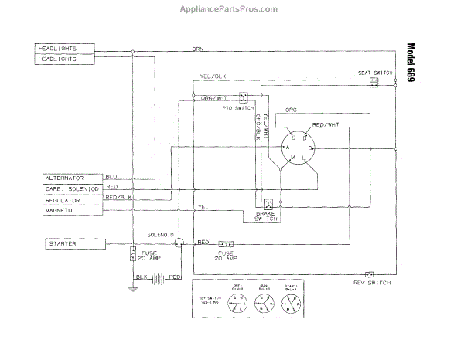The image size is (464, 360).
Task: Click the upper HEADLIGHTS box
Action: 66,49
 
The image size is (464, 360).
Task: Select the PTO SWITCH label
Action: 237,109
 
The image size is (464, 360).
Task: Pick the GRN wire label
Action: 198,49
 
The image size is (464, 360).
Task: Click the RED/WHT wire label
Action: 325,125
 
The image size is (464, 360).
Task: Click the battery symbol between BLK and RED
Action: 159,277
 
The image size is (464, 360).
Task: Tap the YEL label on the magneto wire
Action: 203,206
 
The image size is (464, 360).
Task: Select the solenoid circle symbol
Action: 179,243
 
